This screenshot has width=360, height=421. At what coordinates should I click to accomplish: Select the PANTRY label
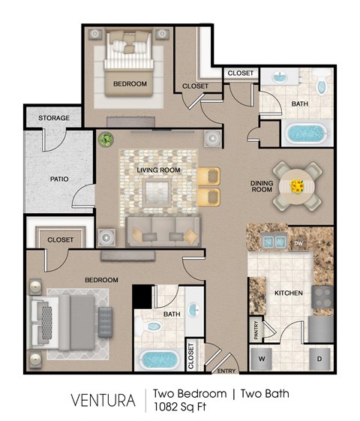click(256, 331)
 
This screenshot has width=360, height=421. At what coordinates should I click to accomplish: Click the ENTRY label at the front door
click(226, 371)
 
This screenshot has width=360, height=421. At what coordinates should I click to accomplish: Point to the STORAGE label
click(54, 119)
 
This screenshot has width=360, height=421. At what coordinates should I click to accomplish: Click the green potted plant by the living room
click(106, 140)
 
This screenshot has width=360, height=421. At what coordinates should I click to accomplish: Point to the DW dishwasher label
click(298, 244)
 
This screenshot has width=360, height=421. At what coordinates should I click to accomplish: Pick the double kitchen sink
click(271, 241)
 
